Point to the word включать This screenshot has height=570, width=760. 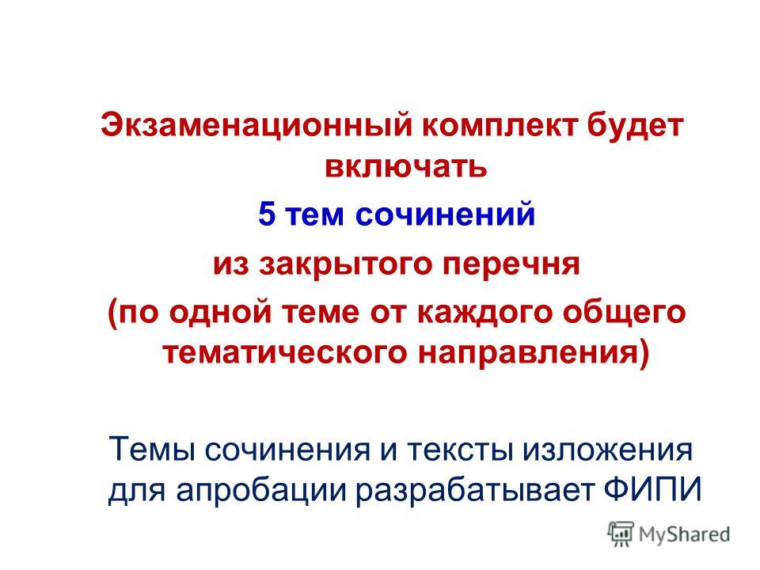405,166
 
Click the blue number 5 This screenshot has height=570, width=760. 267,214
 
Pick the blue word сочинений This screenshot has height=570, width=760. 445,214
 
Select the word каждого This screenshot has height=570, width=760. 484,313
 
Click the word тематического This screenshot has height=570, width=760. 284,353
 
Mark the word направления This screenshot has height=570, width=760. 528,354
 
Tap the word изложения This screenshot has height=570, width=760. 608,450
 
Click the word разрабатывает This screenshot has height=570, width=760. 475,491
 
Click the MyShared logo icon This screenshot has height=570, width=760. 621,534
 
